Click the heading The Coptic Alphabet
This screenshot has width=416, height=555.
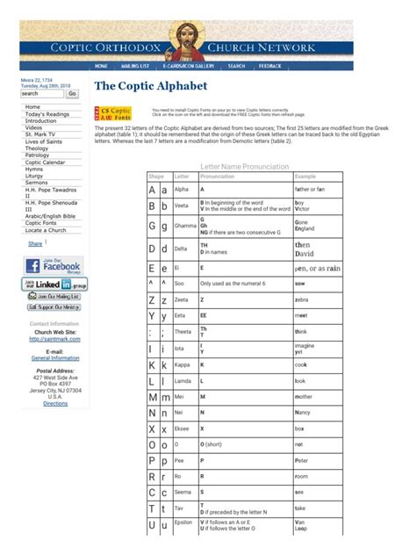click(150, 86)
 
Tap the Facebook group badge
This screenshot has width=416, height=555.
click(55, 265)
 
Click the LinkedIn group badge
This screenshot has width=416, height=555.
click(55, 284)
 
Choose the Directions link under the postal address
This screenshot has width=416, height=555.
click(55, 403)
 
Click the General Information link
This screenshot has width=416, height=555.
click(55, 358)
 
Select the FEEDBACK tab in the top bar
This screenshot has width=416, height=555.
click(270, 66)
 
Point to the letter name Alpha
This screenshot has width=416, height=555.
click(182, 189)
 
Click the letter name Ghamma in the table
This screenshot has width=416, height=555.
click(185, 225)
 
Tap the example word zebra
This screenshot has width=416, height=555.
click(303, 299)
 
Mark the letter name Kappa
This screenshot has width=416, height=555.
click(183, 364)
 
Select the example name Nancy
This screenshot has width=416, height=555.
click(303, 411)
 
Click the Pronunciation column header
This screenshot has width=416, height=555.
click(218, 176)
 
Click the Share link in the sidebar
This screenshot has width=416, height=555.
click(35, 244)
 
